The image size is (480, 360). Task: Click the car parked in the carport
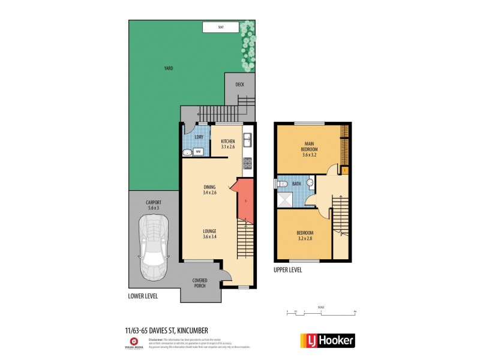[152, 247]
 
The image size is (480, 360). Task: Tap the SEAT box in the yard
[221, 27]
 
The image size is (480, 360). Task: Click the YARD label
[169, 68]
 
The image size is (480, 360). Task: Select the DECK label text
[239, 84]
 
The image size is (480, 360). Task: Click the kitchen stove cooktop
[247, 162]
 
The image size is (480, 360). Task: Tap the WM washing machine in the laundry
[198, 152]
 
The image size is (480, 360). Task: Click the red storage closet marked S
[245, 200]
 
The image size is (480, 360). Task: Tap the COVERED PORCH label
[200, 283]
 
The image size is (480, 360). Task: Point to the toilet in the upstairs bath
[309, 182]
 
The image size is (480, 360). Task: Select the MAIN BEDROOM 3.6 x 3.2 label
[309, 149]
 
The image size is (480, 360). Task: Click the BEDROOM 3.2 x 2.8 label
[305, 236]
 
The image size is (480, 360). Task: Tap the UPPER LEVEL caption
[288, 271]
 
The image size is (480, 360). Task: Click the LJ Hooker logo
[327, 340]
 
